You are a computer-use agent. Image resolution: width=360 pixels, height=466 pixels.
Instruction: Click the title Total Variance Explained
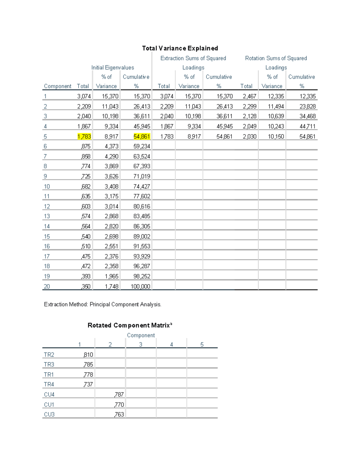click(x=180, y=48)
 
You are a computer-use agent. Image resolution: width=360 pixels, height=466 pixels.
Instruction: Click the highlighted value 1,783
click(x=84, y=137)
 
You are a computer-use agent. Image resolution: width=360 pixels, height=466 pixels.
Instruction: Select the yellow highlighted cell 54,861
click(x=142, y=137)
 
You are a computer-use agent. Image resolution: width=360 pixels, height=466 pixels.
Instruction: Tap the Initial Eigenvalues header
click(x=112, y=68)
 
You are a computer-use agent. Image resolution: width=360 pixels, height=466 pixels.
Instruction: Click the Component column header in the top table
click(x=58, y=86)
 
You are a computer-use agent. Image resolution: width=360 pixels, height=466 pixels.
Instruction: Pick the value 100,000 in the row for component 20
click(x=140, y=286)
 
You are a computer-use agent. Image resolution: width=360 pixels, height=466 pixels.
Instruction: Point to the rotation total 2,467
click(x=250, y=96)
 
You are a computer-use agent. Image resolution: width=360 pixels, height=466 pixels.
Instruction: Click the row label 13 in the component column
click(x=47, y=216)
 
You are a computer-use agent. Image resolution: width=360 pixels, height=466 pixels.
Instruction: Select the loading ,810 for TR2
click(x=88, y=355)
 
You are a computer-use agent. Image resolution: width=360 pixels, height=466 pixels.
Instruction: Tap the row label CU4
click(x=49, y=395)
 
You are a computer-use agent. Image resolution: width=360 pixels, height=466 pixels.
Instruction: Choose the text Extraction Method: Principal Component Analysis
click(x=103, y=304)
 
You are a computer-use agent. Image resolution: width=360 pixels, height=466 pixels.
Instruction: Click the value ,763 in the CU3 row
click(x=119, y=414)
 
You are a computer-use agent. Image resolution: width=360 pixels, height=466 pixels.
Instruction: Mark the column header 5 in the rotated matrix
click(x=202, y=344)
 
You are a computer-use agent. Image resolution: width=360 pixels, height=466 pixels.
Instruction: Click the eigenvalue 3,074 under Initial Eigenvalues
click(x=84, y=96)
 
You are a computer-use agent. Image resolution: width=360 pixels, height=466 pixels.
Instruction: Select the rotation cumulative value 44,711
click(x=307, y=126)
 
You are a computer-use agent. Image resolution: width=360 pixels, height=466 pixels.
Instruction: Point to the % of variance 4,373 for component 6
click(x=112, y=146)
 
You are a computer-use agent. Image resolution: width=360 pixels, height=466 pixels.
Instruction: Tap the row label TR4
click(x=49, y=384)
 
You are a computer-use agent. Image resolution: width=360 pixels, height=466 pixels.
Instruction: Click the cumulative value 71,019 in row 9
click(x=142, y=176)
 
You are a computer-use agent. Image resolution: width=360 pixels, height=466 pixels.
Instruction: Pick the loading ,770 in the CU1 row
click(x=119, y=404)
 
